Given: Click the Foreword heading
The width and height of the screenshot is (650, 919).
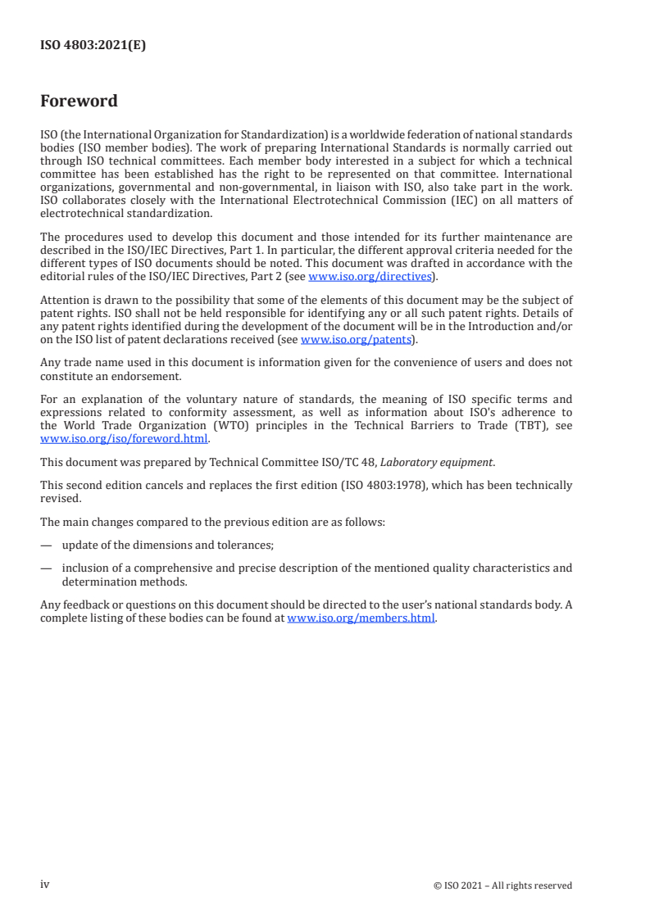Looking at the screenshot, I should tap(79, 102).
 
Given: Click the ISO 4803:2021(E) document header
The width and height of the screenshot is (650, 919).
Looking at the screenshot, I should tap(93, 46).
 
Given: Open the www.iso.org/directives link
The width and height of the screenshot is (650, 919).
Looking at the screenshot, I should tap(369, 276).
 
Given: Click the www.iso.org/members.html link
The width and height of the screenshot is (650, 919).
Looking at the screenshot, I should tap(361, 618).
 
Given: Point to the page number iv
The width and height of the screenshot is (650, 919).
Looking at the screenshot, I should tap(45, 884).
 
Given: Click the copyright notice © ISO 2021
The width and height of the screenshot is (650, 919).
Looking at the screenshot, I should tap(502, 885).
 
